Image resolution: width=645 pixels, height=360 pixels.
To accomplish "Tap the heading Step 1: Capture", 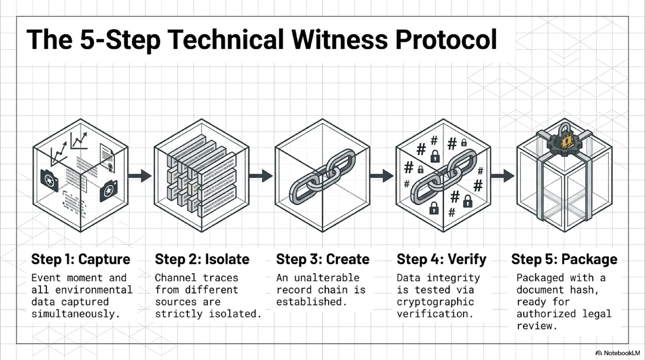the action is (81, 259).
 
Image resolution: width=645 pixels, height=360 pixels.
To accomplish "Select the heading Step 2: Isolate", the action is (202, 259).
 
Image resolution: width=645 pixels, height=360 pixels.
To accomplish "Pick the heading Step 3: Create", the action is (323, 259).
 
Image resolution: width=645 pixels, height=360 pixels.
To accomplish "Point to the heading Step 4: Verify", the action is (441, 259).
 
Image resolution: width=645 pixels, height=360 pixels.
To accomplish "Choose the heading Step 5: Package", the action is (564, 259).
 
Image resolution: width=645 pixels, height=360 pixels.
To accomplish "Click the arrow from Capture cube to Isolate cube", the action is (140, 176).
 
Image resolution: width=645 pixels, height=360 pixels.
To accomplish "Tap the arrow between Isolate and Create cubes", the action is (261, 176).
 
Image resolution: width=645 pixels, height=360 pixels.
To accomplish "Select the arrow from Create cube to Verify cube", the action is (382, 176).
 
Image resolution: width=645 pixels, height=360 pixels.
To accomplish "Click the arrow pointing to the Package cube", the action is (503, 176).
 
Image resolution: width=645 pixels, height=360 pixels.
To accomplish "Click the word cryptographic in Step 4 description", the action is (435, 302).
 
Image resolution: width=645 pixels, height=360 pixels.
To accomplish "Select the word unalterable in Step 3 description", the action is (327, 278).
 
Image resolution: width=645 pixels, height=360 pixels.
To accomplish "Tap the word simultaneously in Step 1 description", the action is (75, 314).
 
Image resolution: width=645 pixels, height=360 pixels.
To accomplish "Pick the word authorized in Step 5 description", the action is (546, 314).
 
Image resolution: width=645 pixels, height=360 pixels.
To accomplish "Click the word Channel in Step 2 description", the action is (176, 278).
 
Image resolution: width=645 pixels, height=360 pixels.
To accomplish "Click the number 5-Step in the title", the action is (121, 40).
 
